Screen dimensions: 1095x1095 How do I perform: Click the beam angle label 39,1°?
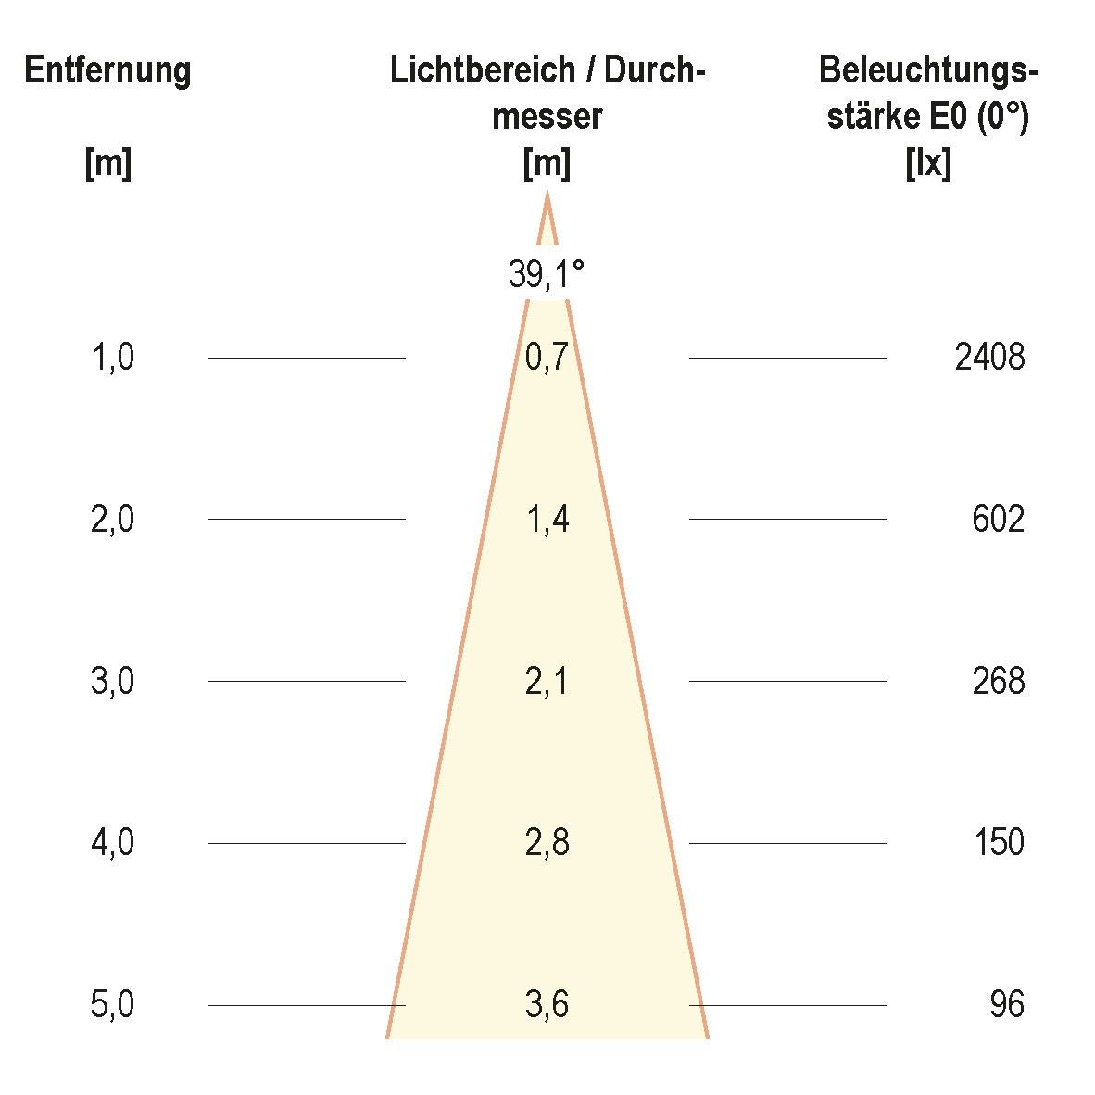pyautogui.click(x=547, y=274)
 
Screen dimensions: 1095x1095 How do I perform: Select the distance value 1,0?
pyautogui.click(x=112, y=357)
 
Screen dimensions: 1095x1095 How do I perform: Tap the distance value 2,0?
pyautogui.click(x=112, y=519)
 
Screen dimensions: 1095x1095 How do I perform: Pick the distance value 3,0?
pyautogui.click(x=112, y=681)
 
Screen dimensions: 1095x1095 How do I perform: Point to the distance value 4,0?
pyautogui.click(x=112, y=843)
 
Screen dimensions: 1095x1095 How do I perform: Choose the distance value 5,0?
pyautogui.click(x=112, y=1004)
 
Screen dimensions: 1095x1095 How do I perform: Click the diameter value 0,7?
pyautogui.click(x=547, y=357)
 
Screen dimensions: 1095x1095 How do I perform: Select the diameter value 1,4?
pyautogui.click(x=547, y=519)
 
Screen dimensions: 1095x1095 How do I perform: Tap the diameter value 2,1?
pyautogui.click(x=547, y=681)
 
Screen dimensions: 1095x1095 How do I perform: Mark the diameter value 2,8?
pyautogui.click(x=547, y=843)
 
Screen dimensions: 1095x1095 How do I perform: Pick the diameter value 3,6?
pyautogui.click(x=547, y=1004)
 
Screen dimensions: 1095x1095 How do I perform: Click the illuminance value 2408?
pyautogui.click(x=989, y=357)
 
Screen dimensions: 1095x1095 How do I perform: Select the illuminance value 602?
pyautogui.click(x=998, y=519)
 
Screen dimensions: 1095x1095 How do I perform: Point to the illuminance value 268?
pyautogui.click(x=998, y=681)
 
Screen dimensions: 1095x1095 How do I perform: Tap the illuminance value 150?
pyautogui.click(x=998, y=843)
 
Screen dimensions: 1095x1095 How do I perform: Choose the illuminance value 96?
pyautogui.click(x=1006, y=1004)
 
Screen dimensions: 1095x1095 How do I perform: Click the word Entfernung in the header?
pyautogui.click(x=107, y=70)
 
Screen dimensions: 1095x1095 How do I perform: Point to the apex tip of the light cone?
pyautogui.click(x=547, y=193)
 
